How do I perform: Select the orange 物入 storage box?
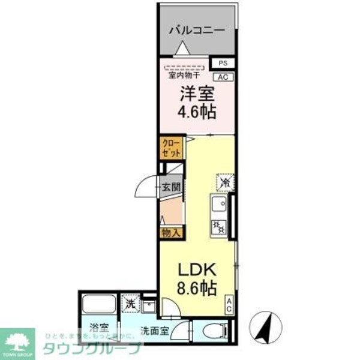point(170,232)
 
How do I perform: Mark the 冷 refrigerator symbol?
point(223,179)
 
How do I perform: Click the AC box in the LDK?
point(229,305)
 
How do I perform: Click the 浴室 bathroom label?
point(100,328)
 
